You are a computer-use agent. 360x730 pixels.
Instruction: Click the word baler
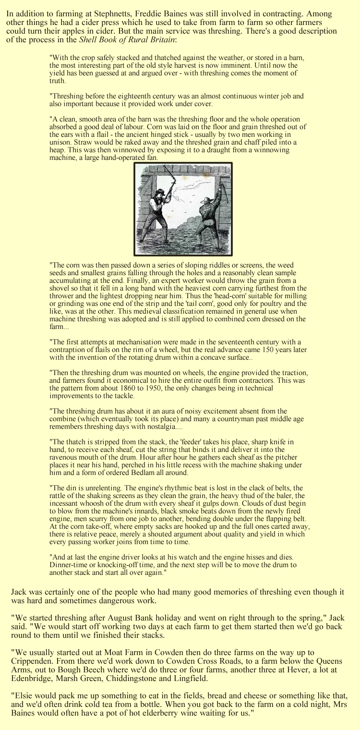point(293,495)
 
